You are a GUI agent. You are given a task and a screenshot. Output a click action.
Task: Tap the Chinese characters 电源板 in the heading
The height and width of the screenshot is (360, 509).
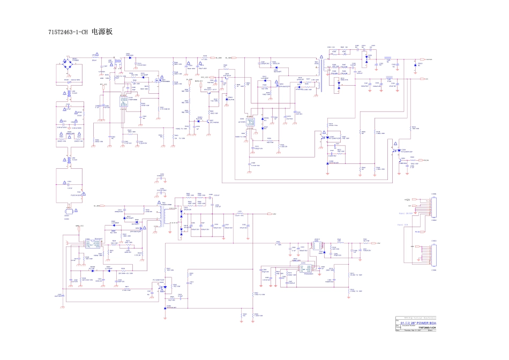(x=102, y=32)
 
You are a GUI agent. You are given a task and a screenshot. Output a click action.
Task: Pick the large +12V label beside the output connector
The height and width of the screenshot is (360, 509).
(x=406, y=200)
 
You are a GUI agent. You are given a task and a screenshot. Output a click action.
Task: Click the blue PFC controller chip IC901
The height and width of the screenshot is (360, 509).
(x=123, y=101)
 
